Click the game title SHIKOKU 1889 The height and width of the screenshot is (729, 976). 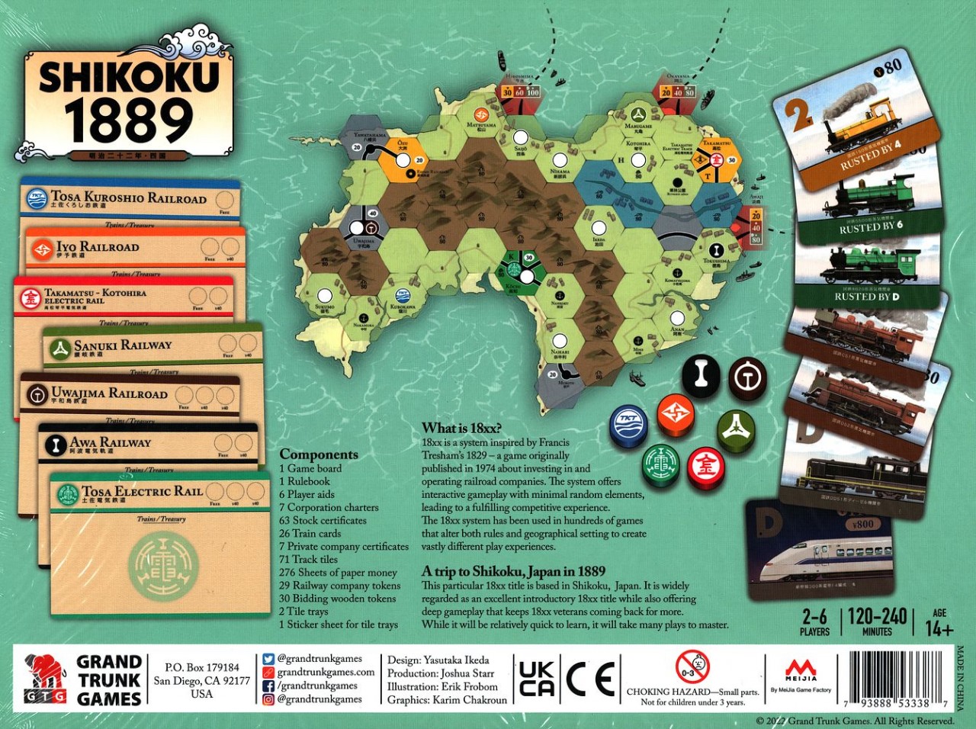click(x=130, y=100)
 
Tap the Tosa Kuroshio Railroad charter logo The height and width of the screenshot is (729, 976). click(x=37, y=198)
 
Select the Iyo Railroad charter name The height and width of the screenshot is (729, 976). click(x=98, y=247)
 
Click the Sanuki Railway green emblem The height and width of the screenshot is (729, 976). click(x=59, y=348)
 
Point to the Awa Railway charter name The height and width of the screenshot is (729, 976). click(x=111, y=442)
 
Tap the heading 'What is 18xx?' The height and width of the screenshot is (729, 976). click(x=462, y=428)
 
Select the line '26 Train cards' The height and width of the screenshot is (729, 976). click(x=310, y=533)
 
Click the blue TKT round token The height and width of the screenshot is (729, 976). click(x=628, y=425)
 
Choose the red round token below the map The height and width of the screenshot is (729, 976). click(x=705, y=466)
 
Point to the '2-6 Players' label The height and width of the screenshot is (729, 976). click(x=814, y=621)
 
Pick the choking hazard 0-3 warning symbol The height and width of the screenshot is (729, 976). click(x=692, y=667)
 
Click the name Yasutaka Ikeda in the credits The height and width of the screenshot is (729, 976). click(x=457, y=660)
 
